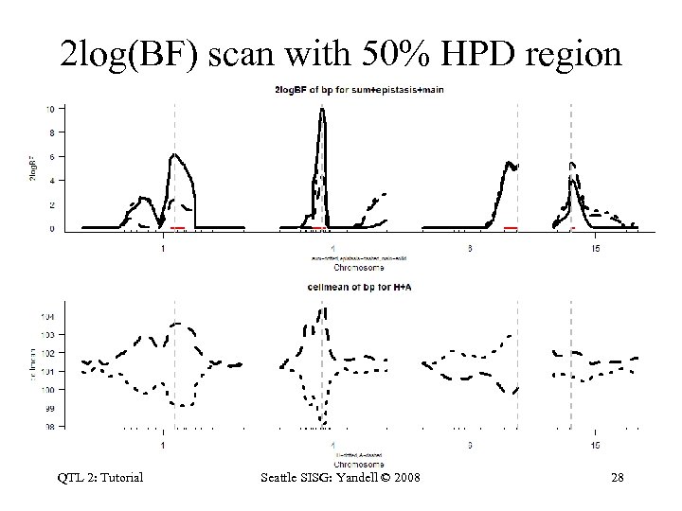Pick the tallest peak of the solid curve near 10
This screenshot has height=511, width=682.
pos(322,110)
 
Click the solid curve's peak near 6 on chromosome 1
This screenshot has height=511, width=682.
pos(174,154)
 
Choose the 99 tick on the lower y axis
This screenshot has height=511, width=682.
pos(48,408)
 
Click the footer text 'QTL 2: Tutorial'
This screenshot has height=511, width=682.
pos(100,477)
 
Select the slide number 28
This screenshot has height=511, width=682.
pos(617,477)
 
